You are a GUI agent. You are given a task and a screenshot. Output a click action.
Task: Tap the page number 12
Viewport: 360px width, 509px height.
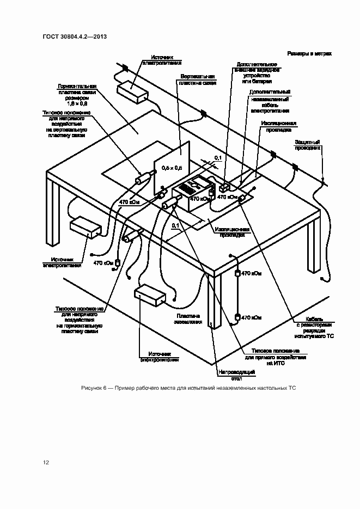[46, 463]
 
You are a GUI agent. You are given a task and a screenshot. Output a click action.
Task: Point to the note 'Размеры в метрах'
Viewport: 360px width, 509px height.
[309, 54]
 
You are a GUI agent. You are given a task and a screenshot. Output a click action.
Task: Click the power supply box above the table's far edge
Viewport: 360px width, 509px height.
[132, 92]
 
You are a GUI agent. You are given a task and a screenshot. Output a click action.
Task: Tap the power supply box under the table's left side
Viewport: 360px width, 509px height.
[85, 227]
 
